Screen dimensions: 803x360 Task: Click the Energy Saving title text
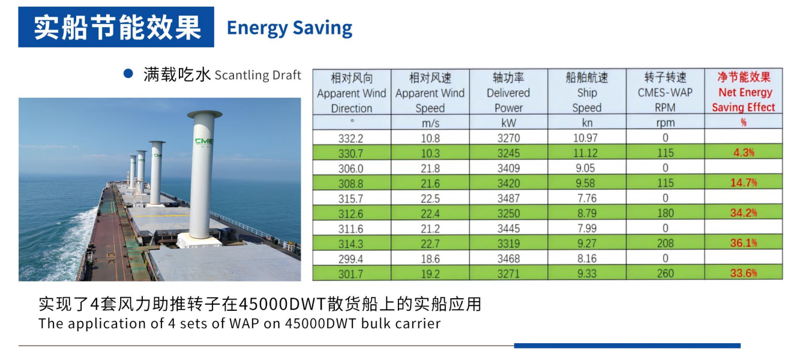point(290,28)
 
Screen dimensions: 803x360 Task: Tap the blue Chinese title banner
point(116,27)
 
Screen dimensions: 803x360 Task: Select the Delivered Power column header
point(508,92)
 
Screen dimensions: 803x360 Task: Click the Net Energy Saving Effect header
point(744,92)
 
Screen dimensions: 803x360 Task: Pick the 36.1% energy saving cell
point(744,243)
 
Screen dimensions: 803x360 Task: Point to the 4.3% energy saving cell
point(744,152)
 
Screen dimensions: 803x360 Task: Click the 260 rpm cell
point(666,273)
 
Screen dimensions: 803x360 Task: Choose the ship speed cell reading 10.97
point(586,137)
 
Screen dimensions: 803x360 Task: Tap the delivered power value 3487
point(508,198)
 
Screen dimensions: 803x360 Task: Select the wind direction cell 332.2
point(351,138)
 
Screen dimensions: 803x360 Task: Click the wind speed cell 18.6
point(430,259)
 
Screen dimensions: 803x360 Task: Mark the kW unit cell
point(508,122)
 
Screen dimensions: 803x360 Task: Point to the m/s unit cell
point(430,123)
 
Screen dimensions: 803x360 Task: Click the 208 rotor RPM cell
point(666,243)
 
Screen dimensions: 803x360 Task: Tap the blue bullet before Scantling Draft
point(128,74)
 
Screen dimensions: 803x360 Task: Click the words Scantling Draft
point(257,75)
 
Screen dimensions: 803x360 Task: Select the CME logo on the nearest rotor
point(204,142)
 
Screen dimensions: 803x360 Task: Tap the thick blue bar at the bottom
point(627,346)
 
